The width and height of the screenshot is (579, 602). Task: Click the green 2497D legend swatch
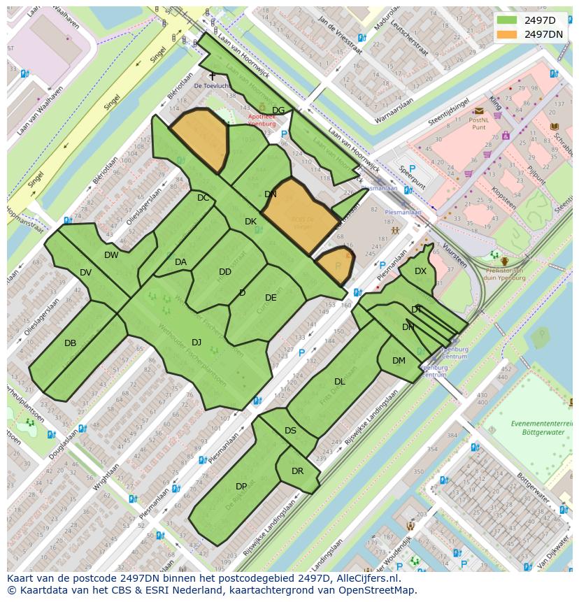coord(507,20)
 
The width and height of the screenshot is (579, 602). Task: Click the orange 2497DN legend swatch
coord(507,34)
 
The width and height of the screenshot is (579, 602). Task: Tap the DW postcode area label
coord(111,255)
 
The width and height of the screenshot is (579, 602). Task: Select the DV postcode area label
coord(85,273)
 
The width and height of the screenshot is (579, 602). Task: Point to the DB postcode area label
coord(70,343)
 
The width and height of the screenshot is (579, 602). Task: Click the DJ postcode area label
coord(196,342)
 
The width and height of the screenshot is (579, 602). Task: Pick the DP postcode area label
coord(241,487)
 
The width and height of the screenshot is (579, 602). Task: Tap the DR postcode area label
coord(297,471)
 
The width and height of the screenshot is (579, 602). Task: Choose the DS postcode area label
coord(290,431)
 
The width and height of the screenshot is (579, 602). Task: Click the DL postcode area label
coord(340,382)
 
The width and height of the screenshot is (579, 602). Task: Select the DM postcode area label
coord(399,361)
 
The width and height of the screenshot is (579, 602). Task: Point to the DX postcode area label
coord(420,271)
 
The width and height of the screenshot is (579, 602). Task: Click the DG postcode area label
coord(278,110)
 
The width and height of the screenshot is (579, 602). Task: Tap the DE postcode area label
coord(271,298)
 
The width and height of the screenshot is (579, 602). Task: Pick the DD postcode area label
coord(225,272)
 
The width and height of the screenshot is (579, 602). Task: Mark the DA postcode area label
coord(180,262)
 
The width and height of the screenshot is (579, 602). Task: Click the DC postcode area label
coord(203,198)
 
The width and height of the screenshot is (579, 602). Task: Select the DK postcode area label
coord(250,222)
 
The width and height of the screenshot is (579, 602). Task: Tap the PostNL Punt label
coord(478,124)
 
